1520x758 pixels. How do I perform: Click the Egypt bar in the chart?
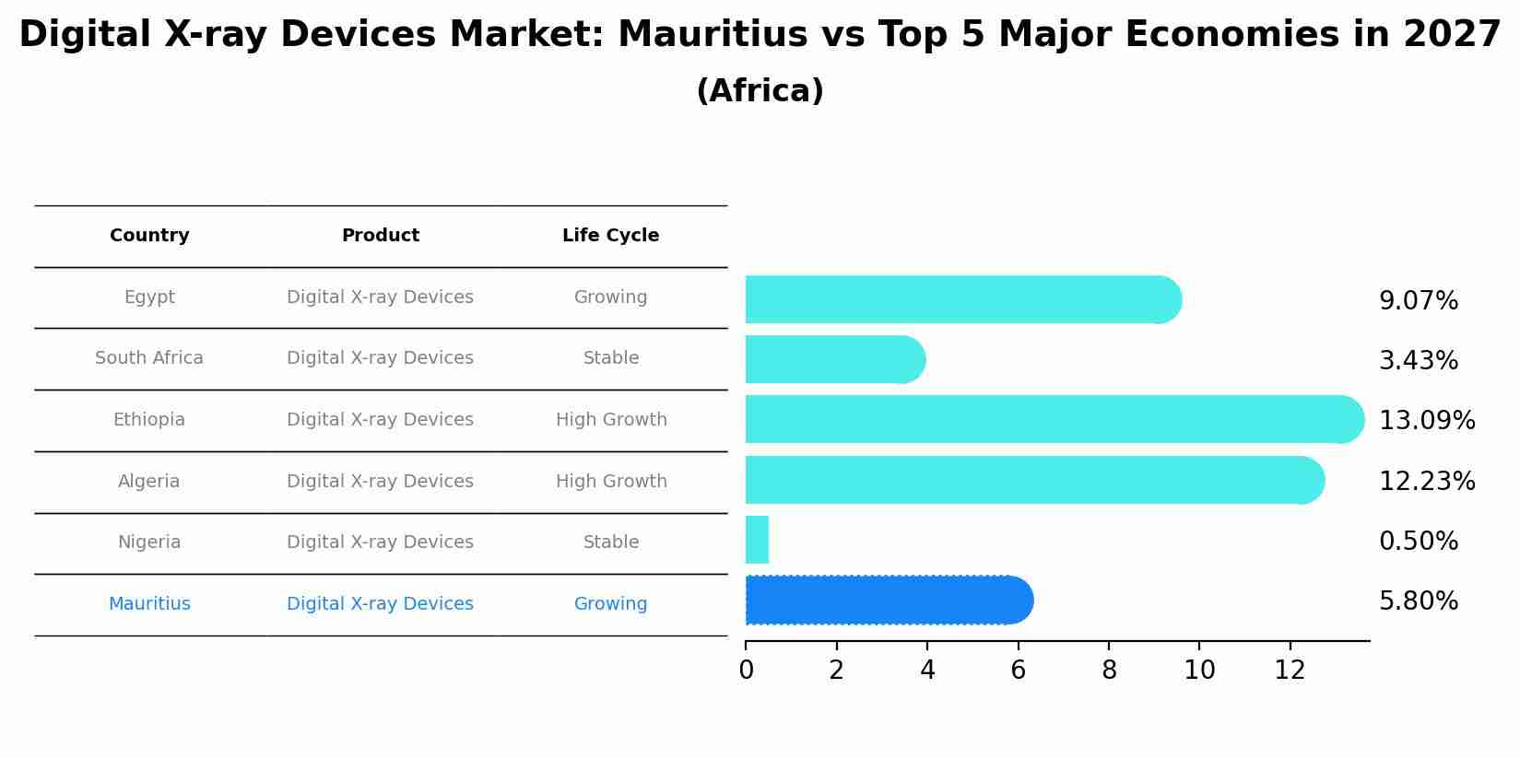click(x=959, y=299)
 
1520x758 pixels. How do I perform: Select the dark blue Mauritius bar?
click(x=885, y=601)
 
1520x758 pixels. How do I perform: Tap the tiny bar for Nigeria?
click(x=757, y=540)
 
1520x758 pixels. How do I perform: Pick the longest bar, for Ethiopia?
click(x=1051, y=419)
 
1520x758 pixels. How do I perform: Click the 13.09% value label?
click(x=1426, y=421)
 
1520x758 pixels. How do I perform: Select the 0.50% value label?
click(x=1418, y=542)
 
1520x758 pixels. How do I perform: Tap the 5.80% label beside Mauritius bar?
click(x=1418, y=601)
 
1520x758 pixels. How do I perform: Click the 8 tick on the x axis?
click(x=1109, y=671)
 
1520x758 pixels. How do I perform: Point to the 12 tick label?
click(x=1290, y=671)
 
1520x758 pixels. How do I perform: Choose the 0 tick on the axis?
click(x=746, y=671)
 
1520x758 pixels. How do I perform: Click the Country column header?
click(x=149, y=236)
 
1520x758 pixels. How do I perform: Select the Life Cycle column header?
click(x=610, y=236)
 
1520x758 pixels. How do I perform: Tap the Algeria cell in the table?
click(x=149, y=482)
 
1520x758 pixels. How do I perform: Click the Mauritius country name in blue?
click(x=149, y=604)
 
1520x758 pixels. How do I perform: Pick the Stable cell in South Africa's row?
click(x=610, y=358)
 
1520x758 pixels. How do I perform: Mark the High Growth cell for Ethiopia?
click(x=610, y=420)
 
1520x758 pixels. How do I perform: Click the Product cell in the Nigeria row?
click(x=380, y=542)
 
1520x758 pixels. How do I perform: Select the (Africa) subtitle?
click(x=760, y=91)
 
